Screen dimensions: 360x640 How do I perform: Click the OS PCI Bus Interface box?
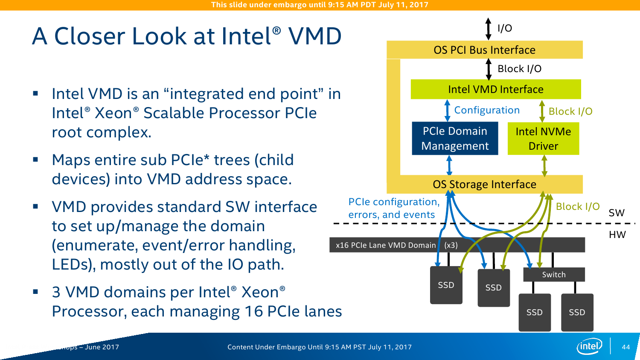coord(484,50)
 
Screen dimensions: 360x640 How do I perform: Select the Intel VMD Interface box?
coord(495,89)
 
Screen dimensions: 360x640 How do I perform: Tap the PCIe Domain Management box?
coord(455,138)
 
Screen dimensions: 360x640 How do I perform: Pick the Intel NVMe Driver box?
coord(543,139)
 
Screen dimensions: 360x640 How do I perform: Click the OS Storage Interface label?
coord(484,184)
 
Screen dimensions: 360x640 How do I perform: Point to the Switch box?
coord(554,275)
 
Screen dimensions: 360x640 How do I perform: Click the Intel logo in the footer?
coord(589,346)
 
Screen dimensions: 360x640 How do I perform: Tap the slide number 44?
coord(626,347)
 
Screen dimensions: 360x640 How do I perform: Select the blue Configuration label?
coord(487,110)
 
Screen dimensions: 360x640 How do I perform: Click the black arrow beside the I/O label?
coord(489,29)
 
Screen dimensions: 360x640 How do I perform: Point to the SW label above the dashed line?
coord(617,213)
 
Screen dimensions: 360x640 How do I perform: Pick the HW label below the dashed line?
coord(617,235)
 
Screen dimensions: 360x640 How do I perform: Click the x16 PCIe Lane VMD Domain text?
coord(386,245)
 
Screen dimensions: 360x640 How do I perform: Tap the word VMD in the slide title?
coord(315,36)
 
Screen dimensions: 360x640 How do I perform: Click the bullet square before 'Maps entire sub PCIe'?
coord(35,160)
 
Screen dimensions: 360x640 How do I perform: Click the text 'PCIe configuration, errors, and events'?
coord(393,208)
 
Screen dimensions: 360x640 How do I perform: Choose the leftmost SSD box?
coord(446,285)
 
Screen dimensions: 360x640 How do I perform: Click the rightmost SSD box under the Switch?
coord(577,312)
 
